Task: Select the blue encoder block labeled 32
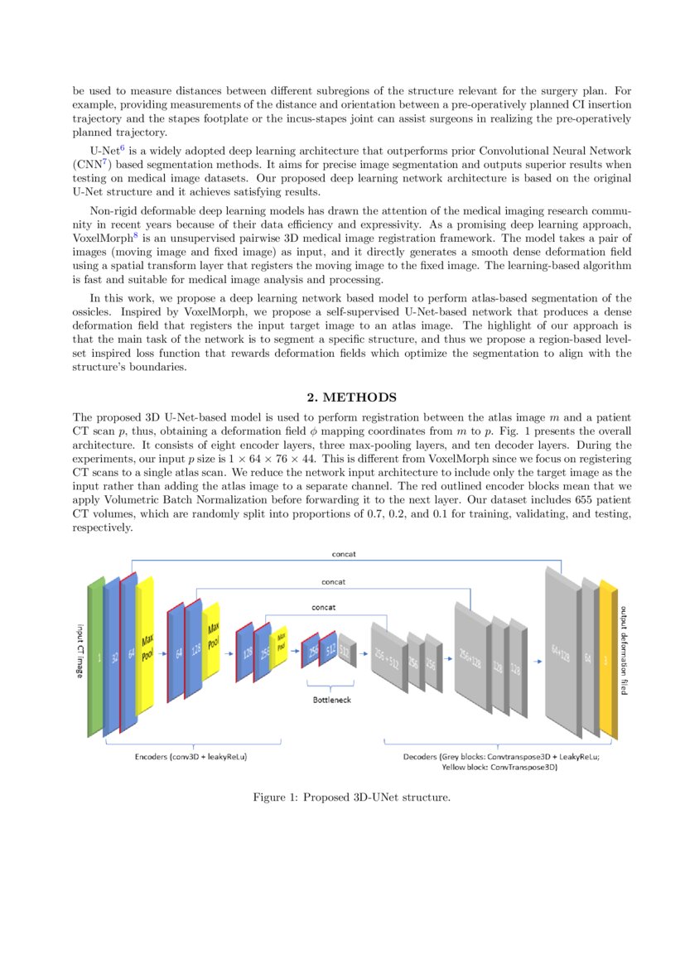[x=112, y=658]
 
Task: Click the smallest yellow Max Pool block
[x=281, y=643]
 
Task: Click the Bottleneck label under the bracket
[x=330, y=700]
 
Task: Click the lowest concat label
[x=323, y=607]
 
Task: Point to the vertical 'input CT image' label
[x=80, y=651]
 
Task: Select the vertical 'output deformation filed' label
[x=624, y=651]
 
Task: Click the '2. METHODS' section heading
[x=342, y=398]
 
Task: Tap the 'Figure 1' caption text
[x=351, y=798]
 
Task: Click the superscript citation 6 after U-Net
[x=122, y=147]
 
